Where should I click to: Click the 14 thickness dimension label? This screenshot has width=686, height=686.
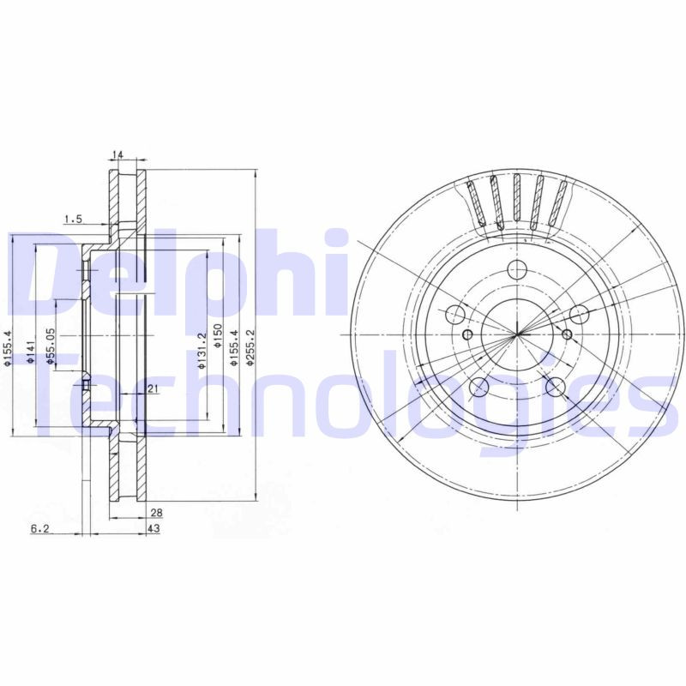point(118,155)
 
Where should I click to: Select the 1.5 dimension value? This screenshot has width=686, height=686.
point(73,220)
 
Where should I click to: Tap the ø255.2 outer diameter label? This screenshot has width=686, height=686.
point(250,349)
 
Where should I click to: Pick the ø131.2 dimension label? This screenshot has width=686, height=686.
point(201,352)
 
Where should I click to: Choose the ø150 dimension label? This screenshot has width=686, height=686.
point(218,340)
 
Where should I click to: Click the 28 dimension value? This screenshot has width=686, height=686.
point(156,513)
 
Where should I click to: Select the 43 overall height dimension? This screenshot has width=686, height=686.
point(154,530)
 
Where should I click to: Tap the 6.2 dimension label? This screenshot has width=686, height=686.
point(39,530)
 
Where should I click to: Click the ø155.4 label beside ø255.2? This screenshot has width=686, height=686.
point(233,349)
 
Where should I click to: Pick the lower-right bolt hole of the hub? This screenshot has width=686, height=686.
point(556,386)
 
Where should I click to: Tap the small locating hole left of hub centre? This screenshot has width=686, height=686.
point(467,334)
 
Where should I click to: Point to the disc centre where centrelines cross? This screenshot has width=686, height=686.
point(517,334)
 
